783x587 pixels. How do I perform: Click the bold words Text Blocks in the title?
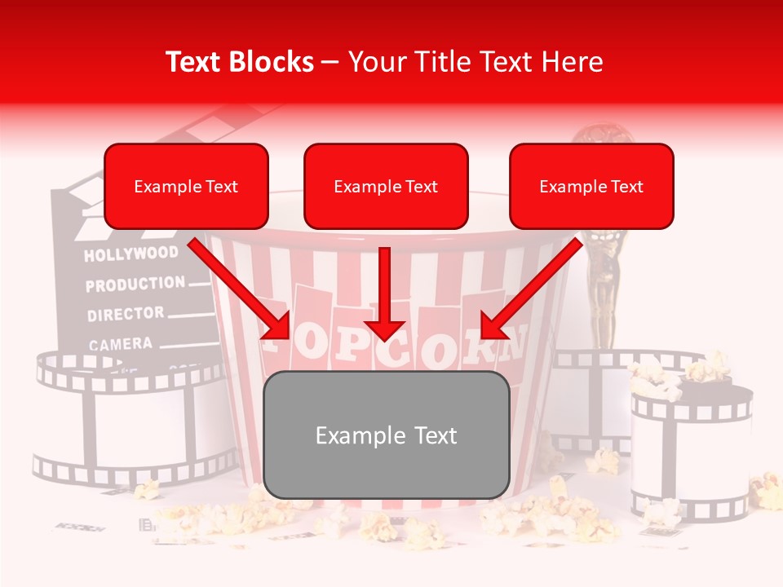coord(240,62)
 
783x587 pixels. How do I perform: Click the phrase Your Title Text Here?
coord(476,62)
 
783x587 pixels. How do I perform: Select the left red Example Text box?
coord(186,187)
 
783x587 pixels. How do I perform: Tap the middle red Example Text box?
coord(386,187)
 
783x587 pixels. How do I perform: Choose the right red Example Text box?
coord(591,187)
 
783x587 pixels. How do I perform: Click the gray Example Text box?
coord(387,435)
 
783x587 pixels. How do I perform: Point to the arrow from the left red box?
coord(241,289)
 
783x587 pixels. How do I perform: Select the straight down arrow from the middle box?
coord(385,293)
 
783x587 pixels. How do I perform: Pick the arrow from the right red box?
coord(530,289)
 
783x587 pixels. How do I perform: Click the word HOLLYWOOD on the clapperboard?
coord(130,254)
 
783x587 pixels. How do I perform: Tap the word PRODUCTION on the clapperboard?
coord(135,285)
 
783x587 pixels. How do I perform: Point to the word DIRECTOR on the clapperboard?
coord(126,314)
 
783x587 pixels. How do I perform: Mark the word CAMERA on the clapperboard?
coord(121,344)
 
